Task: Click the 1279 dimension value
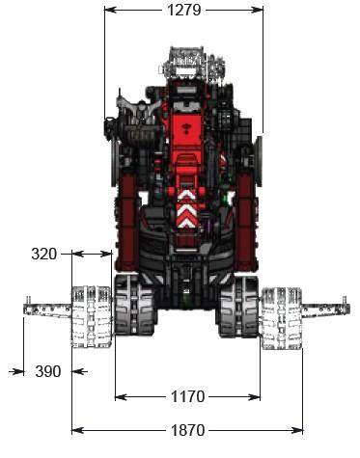pos(184,10)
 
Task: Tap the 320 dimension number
pos(44,255)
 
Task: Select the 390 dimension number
pos(48,371)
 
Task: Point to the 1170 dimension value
pos(187,396)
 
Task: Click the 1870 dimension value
pos(187,430)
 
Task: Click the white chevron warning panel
pos(187,208)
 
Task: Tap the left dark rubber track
pos(134,306)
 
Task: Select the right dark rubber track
pos(238,307)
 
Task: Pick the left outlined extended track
pos(92,317)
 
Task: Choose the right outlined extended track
pos(281,318)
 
